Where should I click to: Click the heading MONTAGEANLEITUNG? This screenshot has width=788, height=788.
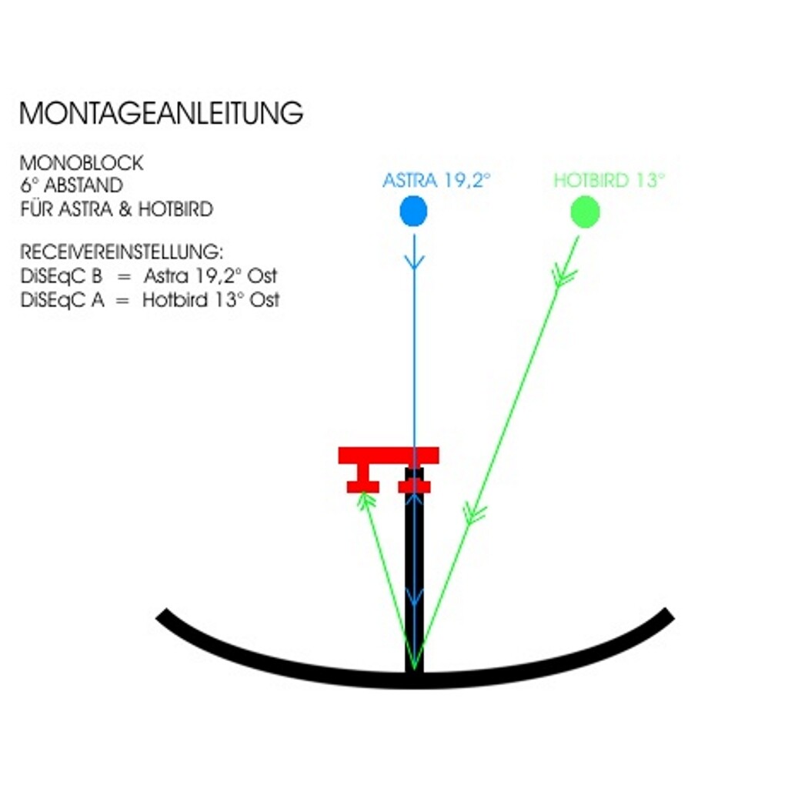pyautogui.click(x=161, y=113)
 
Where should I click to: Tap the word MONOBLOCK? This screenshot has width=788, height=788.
pyautogui.click(x=82, y=163)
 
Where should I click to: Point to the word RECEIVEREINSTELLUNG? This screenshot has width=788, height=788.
pyautogui.click(x=122, y=252)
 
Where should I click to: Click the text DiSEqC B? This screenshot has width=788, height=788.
pyautogui.click(x=62, y=276)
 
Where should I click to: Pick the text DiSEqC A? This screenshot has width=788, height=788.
pyautogui.click(x=62, y=300)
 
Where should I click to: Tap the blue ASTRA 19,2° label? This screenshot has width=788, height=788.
pyautogui.click(x=436, y=182)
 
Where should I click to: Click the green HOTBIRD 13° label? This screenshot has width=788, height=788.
pyautogui.click(x=609, y=182)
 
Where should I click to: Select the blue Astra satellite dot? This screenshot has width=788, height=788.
pyautogui.click(x=414, y=211)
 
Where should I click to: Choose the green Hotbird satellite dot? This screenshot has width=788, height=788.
pyautogui.click(x=585, y=211)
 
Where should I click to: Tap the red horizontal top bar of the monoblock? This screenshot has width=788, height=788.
pyautogui.click(x=389, y=455)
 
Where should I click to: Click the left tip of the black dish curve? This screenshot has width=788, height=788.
pyautogui.click(x=162, y=615)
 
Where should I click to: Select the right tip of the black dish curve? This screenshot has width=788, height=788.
pyautogui.click(x=668, y=615)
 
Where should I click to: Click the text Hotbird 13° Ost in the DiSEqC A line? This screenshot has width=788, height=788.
pyautogui.click(x=210, y=300)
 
